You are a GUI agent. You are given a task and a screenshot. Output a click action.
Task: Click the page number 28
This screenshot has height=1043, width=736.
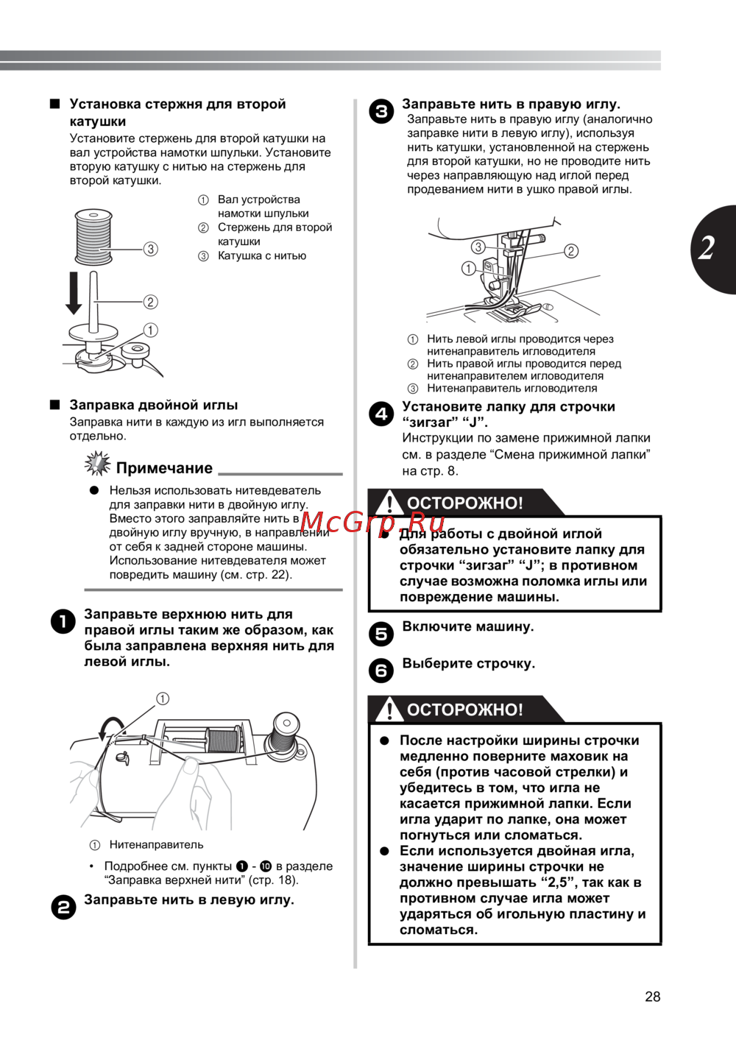point(652,997)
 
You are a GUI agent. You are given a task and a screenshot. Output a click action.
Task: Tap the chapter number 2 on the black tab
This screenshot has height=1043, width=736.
point(707,249)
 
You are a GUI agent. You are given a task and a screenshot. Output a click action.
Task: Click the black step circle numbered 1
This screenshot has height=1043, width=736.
point(63,622)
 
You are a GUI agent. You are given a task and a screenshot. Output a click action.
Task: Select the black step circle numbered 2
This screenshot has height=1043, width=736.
point(63,908)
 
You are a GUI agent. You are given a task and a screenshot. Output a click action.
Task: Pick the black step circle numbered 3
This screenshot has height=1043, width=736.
point(381,112)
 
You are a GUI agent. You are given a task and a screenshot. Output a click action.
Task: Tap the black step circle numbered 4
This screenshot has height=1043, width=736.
point(381,414)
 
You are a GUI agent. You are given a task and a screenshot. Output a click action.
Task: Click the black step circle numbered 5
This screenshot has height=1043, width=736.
point(381,634)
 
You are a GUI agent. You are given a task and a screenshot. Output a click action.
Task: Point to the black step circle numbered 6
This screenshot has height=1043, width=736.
point(381,671)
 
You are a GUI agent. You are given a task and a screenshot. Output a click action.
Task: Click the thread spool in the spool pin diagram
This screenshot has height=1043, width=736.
point(93,237)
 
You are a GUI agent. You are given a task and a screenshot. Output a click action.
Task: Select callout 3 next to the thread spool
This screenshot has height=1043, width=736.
point(151,249)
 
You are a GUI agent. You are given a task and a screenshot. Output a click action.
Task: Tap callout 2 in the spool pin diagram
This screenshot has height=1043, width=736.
point(151,302)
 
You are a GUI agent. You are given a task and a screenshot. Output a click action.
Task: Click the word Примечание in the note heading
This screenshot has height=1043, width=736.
point(164,468)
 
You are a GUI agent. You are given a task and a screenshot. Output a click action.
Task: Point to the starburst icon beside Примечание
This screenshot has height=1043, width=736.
point(97,464)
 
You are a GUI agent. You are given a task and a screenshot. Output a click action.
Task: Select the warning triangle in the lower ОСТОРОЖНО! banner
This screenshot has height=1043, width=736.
point(389,710)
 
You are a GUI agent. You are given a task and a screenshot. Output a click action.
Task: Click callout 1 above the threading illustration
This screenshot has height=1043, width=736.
point(163,699)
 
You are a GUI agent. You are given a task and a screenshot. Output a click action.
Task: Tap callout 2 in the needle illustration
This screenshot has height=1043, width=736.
point(571,251)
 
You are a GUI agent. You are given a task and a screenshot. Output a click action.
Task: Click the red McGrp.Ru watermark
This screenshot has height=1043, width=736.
point(373,522)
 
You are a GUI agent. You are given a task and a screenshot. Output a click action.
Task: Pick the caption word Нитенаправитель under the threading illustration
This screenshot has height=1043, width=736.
point(156,845)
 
